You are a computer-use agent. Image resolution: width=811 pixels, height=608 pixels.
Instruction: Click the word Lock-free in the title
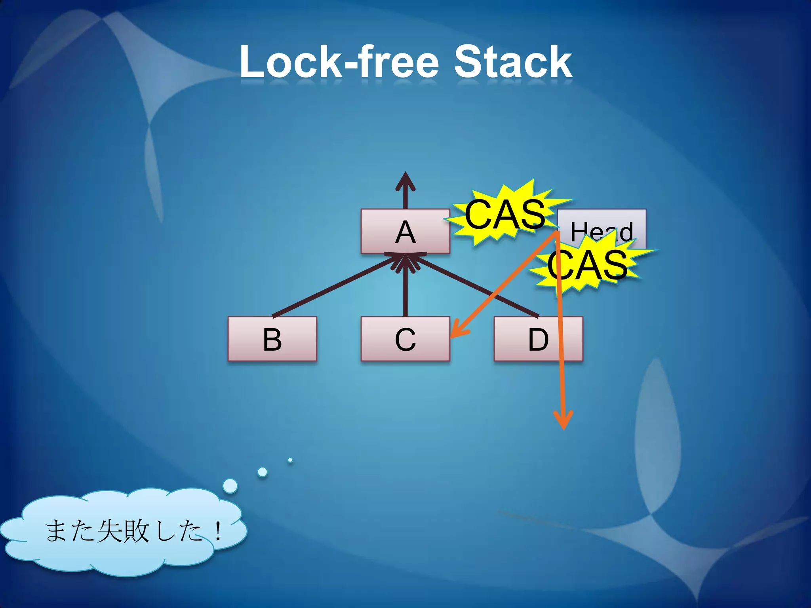point(339,63)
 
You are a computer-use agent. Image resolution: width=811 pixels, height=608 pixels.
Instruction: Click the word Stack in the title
point(512,63)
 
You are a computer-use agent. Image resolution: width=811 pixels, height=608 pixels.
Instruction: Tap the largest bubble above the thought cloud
point(230,486)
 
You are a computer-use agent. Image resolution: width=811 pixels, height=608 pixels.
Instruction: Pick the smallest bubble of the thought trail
point(290,460)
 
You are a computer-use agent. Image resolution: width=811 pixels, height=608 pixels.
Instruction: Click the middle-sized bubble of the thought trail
point(262,472)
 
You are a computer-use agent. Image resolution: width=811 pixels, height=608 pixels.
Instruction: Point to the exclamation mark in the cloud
point(217,531)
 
